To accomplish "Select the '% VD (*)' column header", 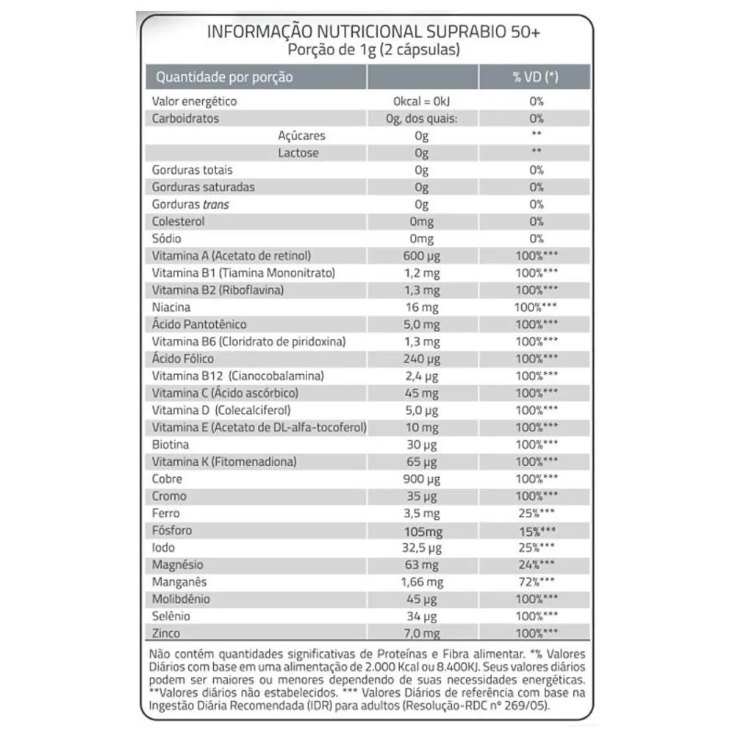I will click(535, 77).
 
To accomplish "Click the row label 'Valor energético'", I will click(194, 102).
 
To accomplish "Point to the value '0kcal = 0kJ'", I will click(421, 102).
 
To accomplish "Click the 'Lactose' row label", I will click(298, 153).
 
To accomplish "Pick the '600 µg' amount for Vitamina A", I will click(421, 256).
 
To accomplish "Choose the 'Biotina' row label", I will click(170, 445).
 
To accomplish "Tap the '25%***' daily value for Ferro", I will click(536, 514).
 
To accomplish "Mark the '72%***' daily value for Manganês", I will click(536, 582).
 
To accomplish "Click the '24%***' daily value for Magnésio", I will click(536, 565).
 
